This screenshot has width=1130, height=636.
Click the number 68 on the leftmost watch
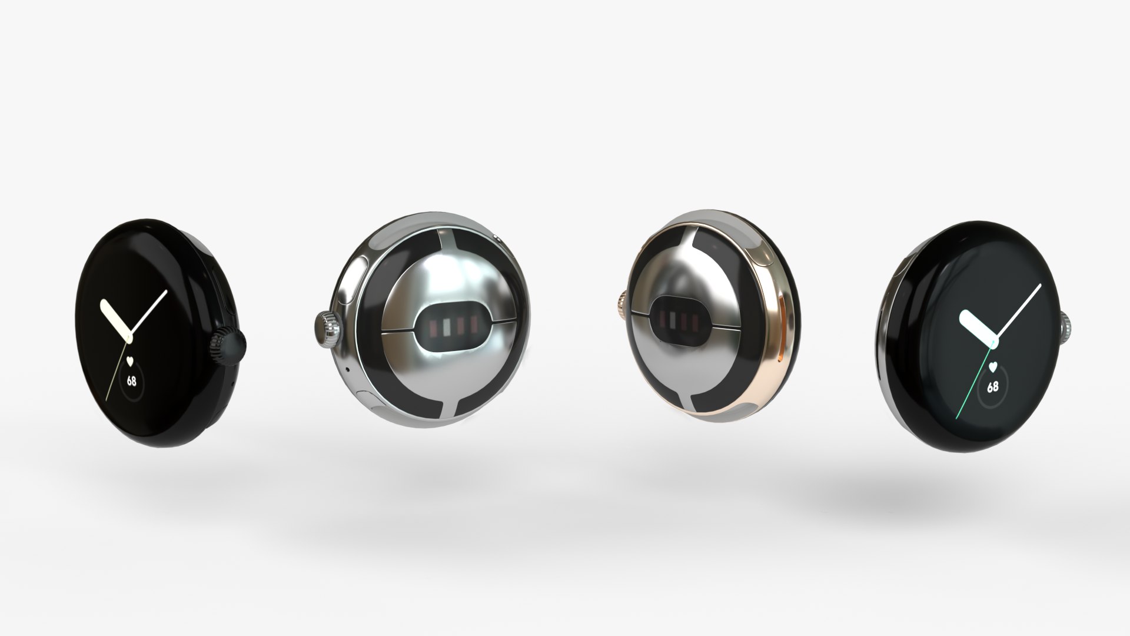(x=131, y=381)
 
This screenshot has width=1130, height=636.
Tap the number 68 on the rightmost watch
(x=992, y=387)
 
